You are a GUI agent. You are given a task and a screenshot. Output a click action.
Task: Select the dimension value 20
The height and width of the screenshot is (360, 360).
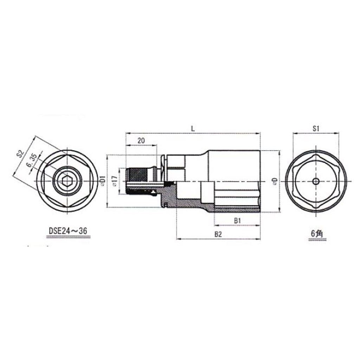click(x=141, y=140)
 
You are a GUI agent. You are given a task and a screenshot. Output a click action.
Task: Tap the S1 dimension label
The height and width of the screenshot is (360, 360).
click(x=316, y=129)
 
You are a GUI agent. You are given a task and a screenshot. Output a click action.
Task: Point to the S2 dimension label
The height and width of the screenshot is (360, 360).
click(x=20, y=153)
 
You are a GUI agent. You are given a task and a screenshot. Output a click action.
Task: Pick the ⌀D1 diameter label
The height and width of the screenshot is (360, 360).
click(x=102, y=180)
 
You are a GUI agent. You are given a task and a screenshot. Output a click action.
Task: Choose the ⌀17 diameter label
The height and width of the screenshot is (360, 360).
click(x=114, y=181)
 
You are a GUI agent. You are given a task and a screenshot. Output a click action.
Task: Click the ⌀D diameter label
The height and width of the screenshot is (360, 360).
click(x=275, y=181)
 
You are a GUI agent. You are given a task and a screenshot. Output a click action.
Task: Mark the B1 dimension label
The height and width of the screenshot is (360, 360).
click(x=237, y=221)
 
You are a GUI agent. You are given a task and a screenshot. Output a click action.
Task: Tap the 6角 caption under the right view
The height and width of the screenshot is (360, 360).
click(x=316, y=233)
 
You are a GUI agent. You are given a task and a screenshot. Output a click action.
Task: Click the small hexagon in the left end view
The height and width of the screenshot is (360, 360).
click(x=66, y=181)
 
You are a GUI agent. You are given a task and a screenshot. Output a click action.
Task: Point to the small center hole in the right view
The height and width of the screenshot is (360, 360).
click(x=316, y=181)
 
